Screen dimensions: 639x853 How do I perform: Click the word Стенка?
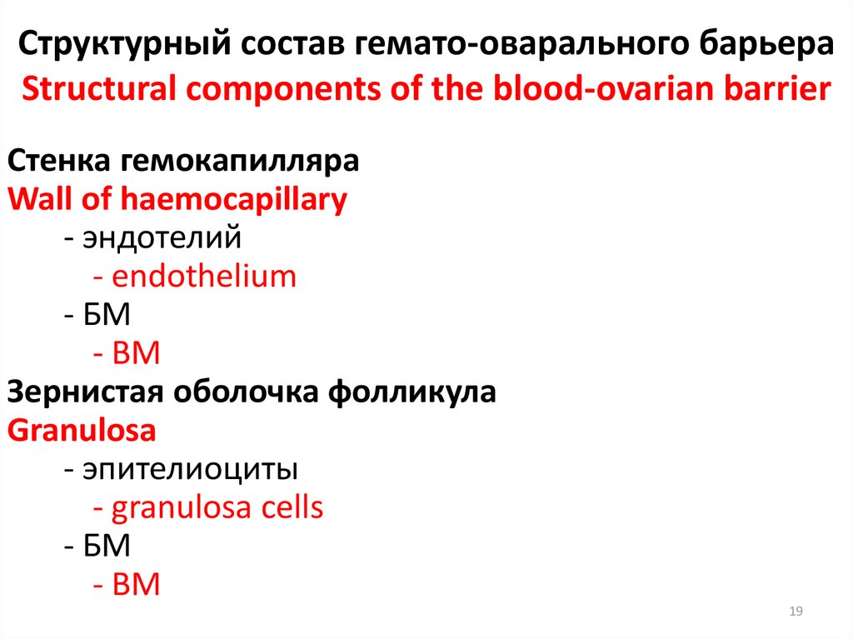pyautogui.click(x=57, y=160)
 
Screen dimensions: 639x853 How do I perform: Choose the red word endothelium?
pyautogui.click(x=203, y=277)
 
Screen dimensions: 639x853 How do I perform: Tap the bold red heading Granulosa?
pyautogui.click(x=81, y=431)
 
